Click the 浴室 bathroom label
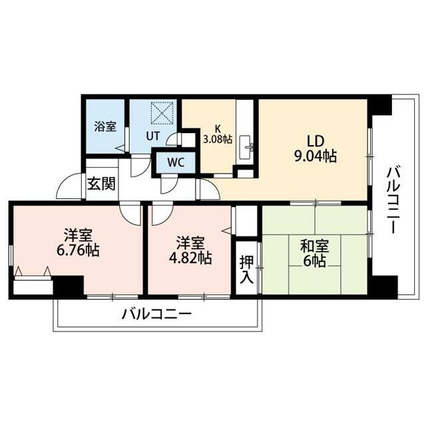pyautogui.click(x=105, y=125)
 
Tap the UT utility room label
pyautogui.click(x=152, y=136)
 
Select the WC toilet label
pyautogui.click(x=176, y=162)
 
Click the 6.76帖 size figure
pyautogui.click(x=78, y=251)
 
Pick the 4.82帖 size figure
pyautogui.click(x=190, y=258)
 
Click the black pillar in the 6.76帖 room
pyautogui.click(x=67, y=286)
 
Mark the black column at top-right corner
pyautogui.click(x=380, y=105)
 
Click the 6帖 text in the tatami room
pyautogui.click(x=312, y=261)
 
